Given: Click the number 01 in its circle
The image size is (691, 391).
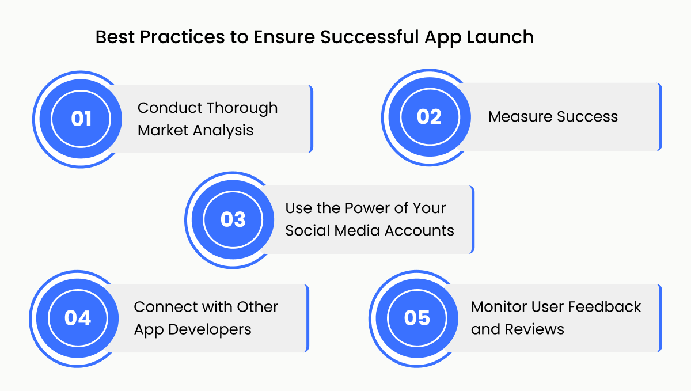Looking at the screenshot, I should (x=81, y=119).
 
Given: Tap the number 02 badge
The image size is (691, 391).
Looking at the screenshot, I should (x=429, y=117).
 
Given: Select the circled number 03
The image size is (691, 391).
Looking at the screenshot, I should (x=233, y=220).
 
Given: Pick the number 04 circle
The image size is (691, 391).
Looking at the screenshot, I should (x=78, y=318).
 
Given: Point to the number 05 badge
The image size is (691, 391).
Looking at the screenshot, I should (x=417, y=318).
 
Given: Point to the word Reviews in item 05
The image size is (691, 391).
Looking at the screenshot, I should (x=534, y=329).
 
